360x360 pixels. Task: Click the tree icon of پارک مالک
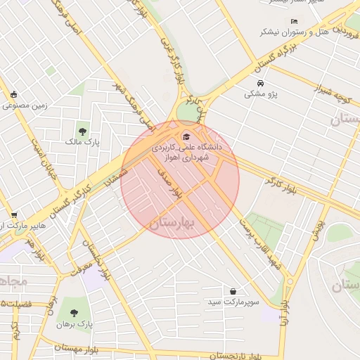[x=83, y=131]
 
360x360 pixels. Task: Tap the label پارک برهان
[x=75, y=324]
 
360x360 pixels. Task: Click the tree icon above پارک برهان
[x=74, y=312]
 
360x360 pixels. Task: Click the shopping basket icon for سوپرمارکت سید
[x=233, y=291]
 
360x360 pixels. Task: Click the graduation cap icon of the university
[x=186, y=136]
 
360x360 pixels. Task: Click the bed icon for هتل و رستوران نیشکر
[x=293, y=21]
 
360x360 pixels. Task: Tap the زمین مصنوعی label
[x=24, y=106]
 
